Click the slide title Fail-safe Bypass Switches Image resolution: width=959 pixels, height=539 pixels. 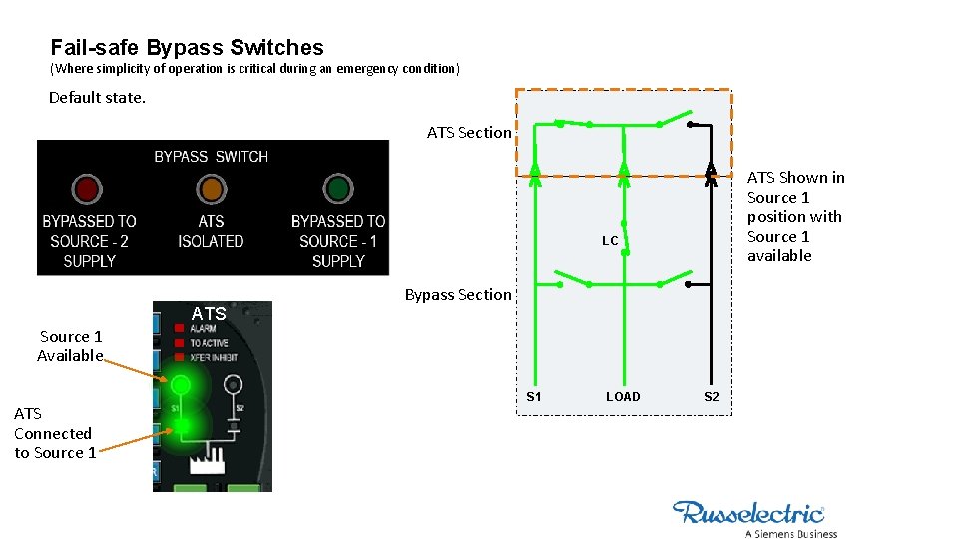click(x=187, y=47)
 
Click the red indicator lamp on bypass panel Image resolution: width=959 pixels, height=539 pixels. click(x=87, y=188)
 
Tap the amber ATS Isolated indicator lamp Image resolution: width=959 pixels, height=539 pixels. click(x=211, y=188)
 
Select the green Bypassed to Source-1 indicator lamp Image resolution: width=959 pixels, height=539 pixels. click(x=338, y=188)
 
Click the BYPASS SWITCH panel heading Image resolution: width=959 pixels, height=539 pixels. click(x=211, y=157)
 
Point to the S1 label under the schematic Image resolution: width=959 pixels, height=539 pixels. click(x=534, y=397)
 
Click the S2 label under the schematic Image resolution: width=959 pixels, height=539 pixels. click(x=711, y=397)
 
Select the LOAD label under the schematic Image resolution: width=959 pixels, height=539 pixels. click(x=623, y=397)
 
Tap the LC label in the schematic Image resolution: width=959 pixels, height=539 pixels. click(x=610, y=241)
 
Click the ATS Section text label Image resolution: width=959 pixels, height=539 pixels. click(x=469, y=133)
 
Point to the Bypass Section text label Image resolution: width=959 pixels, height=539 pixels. click(x=458, y=295)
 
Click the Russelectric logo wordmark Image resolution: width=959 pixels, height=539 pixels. click(x=748, y=513)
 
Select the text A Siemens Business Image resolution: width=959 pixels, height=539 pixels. click(x=790, y=534)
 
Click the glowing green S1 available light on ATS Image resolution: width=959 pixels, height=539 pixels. click(x=180, y=384)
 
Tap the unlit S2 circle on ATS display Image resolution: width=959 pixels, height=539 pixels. click(x=233, y=383)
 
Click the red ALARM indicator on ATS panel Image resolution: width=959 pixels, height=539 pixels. click(x=179, y=328)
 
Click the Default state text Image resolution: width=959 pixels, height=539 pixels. click(x=97, y=98)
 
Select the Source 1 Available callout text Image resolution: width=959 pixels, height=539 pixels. click(x=70, y=346)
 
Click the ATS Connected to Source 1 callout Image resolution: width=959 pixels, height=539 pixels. click(x=55, y=433)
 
